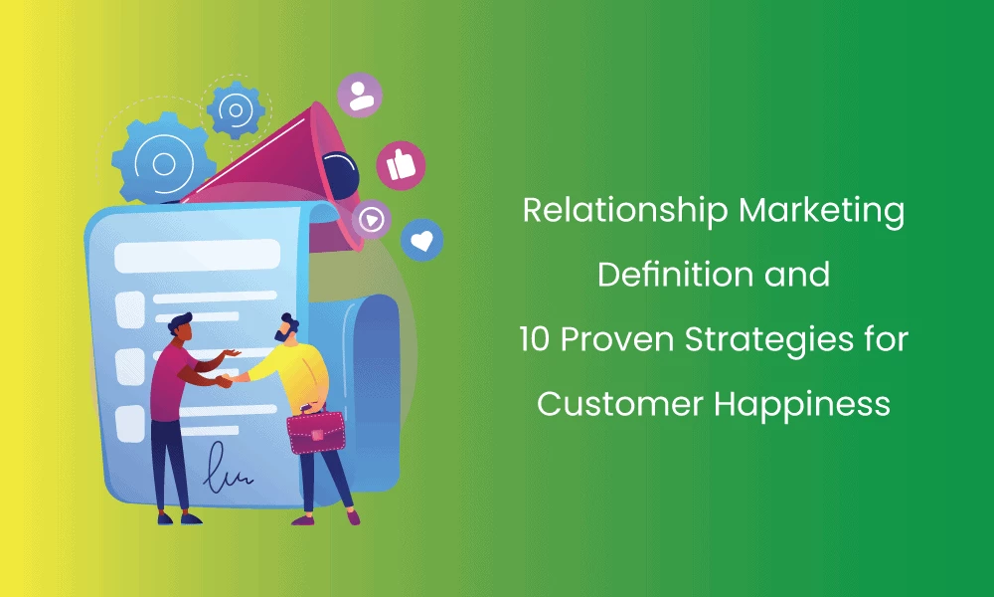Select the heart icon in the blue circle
tap(421, 240)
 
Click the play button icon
tap(371, 218)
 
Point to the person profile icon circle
tap(358, 95)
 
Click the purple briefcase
tap(315, 432)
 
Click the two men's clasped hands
tap(227, 379)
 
